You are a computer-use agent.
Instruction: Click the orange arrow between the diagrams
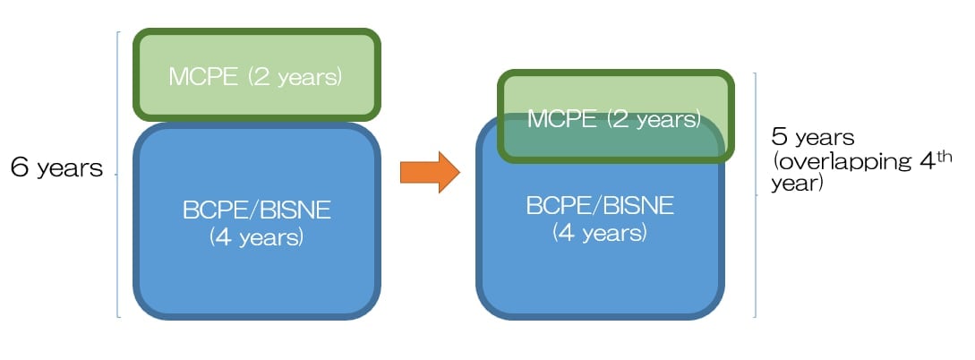(x=430, y=172)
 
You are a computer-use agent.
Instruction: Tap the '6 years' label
(x=56, y=167)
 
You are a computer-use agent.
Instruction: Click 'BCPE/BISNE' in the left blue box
(x=257, y=210)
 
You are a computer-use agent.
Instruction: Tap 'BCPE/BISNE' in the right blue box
(x=600, y=205)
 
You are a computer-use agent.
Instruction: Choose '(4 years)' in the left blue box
(x=256, y=237)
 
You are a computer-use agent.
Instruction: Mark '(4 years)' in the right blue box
(x=600, y=233)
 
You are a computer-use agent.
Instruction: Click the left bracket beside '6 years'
(x=117, y=175)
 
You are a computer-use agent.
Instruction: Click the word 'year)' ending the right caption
(x=797, y=184)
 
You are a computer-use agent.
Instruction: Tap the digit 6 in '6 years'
(x=20, y=167)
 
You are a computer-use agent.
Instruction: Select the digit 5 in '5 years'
(x=780, y=137)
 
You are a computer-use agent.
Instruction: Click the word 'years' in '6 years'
(x=70, y=170)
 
